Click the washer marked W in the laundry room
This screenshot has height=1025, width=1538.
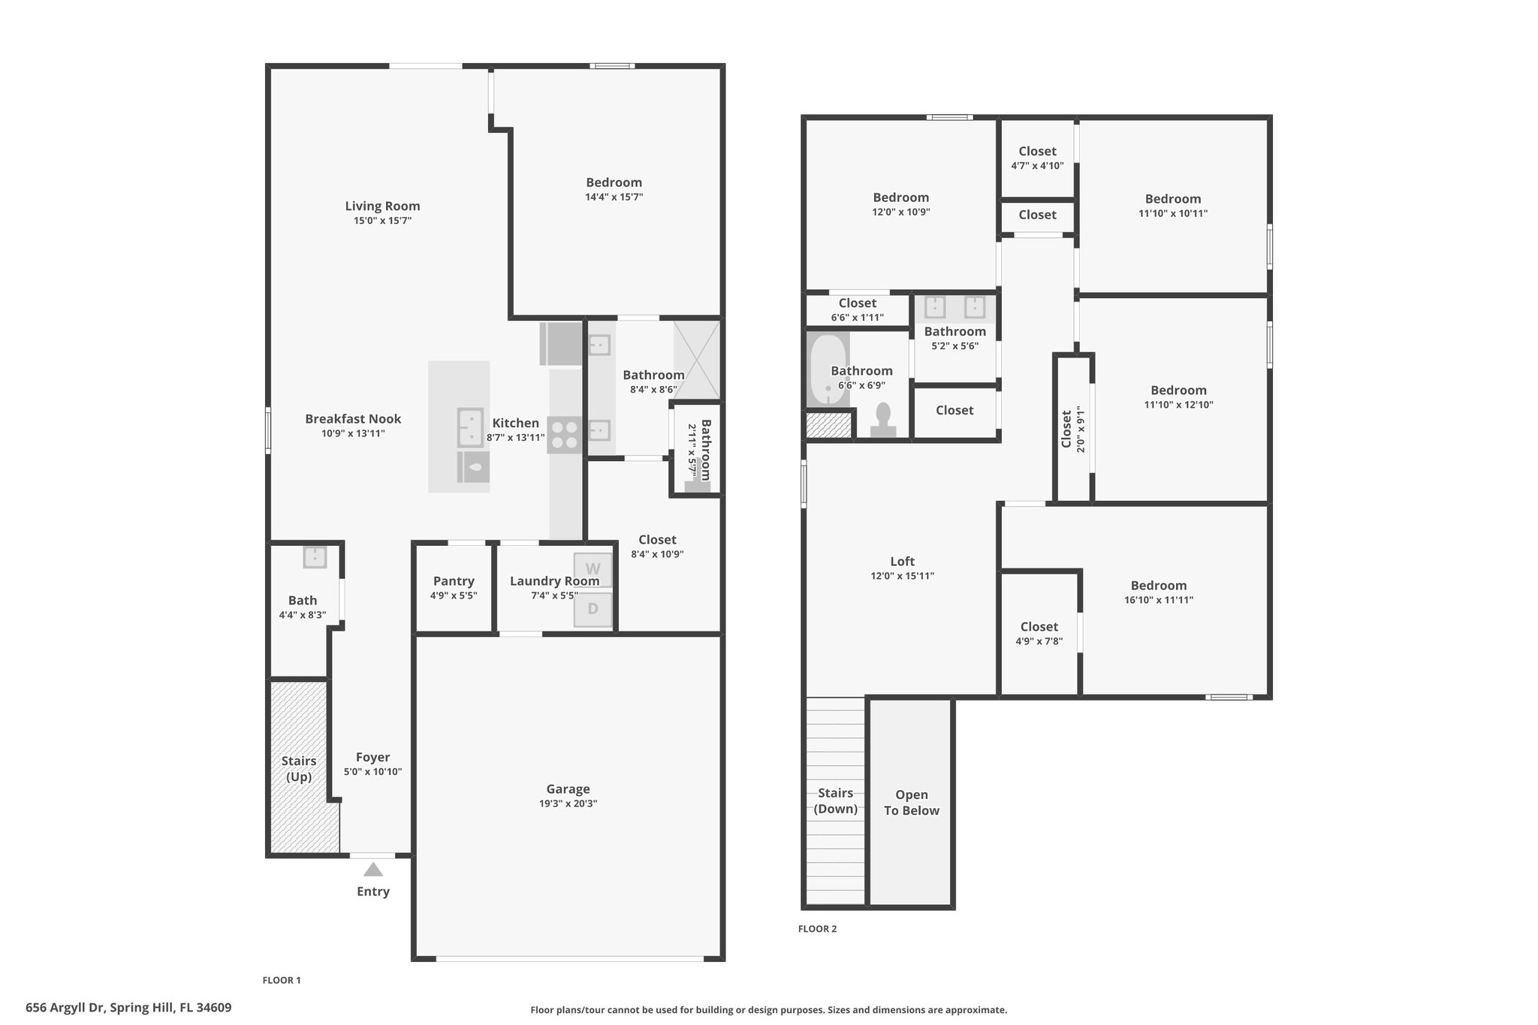pyautogui.click(x=593, y=570)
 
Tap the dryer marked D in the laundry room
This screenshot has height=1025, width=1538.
pyautogui.click(x=593, y=609)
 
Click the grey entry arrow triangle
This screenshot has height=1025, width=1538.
pyautogui.click(x=373, y=870)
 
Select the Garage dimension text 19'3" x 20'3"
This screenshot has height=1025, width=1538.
pyautogui.click(x=568, y=803)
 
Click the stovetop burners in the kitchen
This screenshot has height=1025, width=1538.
pyautogui.click(x=565, y=435)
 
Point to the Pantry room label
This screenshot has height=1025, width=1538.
pyautogui.click(x=454, y=581)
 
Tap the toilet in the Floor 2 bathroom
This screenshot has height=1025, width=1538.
pyautogui.click(x=883, y=420)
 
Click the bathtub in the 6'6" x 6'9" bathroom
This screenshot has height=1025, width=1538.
pyautogui.click(x=828, y=370)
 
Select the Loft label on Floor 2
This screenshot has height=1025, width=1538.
pyautogui.click(x=903, y=562)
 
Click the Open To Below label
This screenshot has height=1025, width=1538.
pyautogui.click(x=912, y=803)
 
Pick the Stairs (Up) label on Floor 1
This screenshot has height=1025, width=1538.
pyautogui.click(x=299, y=769)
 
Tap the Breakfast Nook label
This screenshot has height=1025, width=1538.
pyautogui.click(x=353, y=419)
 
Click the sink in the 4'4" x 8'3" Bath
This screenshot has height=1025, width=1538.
pyautogui.click(x=315, y=557)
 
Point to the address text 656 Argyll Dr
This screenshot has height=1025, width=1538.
pyautogui.click(x=67, y=1008)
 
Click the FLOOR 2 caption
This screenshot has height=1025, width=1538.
pyautogui.click(x=817, y=929)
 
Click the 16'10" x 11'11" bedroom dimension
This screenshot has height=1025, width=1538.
pyautogui.click(x=1159, y=600)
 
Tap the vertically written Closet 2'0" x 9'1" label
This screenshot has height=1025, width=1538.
pyautogui.click(x=1073, y=430)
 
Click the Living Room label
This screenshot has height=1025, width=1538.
pyautogui.click(x=382, y=207)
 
